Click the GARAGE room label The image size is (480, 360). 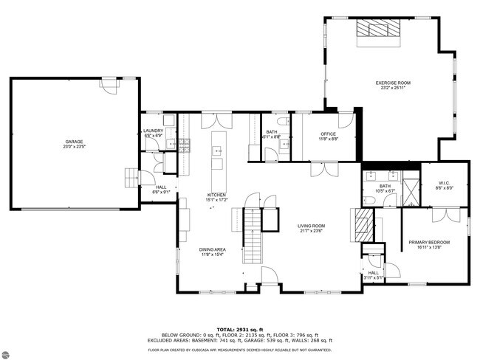tap(74, 141)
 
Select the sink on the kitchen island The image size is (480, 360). tap(219, 151)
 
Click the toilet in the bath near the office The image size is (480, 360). tap(282, 122)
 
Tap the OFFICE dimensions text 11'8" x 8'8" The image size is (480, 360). tap(328, 139)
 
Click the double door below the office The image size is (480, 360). tap(319, 170)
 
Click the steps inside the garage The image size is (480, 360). tap(131, 179)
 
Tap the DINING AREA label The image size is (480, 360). tap(212, 249)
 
